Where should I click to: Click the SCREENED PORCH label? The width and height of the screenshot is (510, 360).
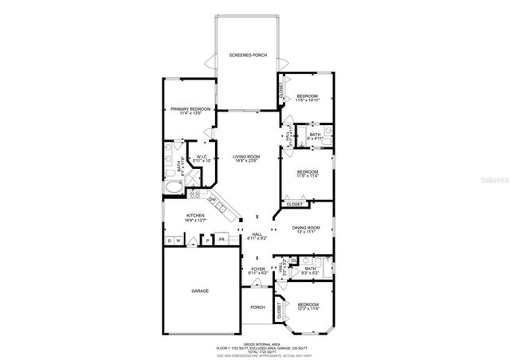coord(248,56)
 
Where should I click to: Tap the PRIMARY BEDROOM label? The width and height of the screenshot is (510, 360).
coord(190,109)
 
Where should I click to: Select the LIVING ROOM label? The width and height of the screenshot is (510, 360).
coord(246,156)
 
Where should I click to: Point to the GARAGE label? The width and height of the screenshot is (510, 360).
coord(200,291)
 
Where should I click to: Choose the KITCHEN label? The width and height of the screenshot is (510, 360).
coord(195,216)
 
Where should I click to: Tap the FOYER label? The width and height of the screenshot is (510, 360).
coord(257,269)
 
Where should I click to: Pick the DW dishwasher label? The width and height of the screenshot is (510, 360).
coord(212,199)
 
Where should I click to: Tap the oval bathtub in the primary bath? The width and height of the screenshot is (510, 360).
coord(174,189)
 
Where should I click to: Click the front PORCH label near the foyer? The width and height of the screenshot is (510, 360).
coord(257,307)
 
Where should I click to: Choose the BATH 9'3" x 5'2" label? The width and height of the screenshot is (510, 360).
coord(310,270)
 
